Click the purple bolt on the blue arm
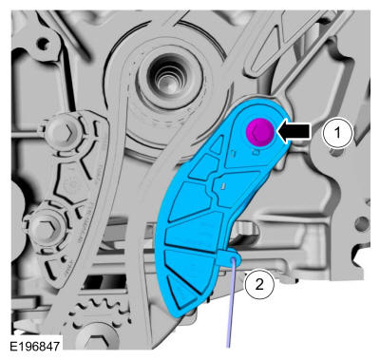coord(260,132)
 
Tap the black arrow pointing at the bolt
coord(294,131)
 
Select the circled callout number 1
coord(337,133)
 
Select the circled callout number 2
coord(259,284)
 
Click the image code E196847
coord(35,346)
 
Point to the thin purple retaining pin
coord(231,302)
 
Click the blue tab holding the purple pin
coord(230,256)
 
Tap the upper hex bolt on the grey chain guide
coord(60,132)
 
